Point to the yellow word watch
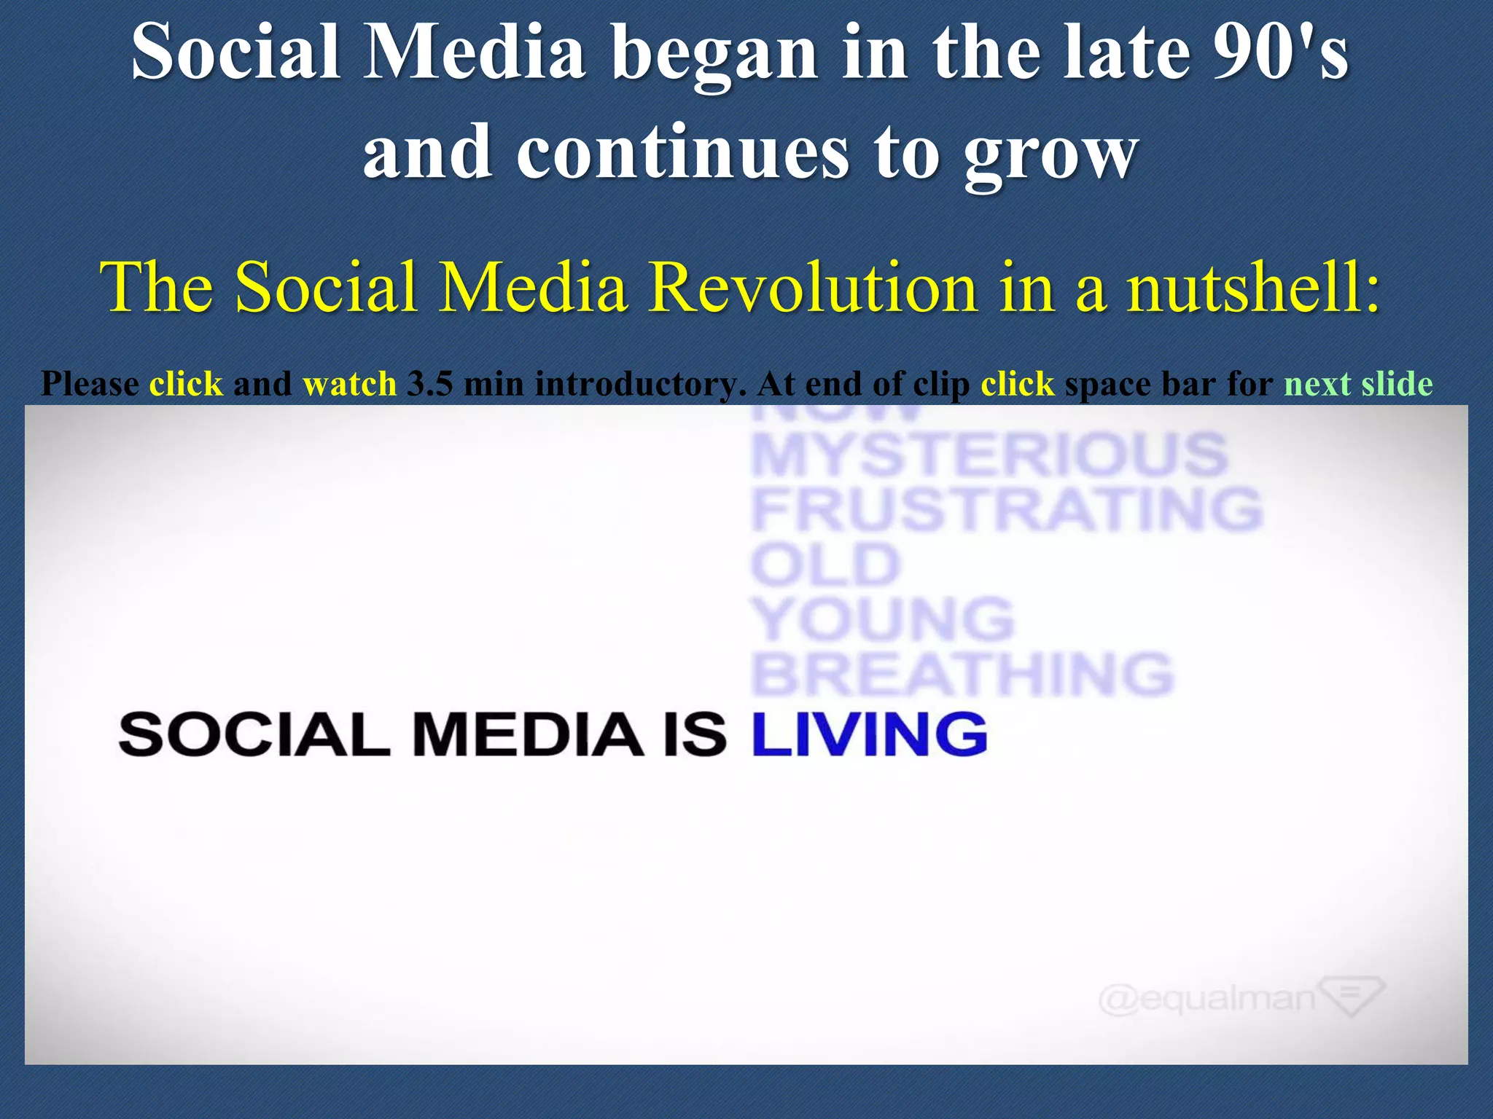click(349, 384)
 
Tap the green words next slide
click(1358, 384)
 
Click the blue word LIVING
click(869, 734)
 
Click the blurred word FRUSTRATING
click(1006, 509)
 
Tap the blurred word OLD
click(825, 565)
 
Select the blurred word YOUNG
click(882, 620)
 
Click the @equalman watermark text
click(1207, 998)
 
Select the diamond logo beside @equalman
click(1352, 996)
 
